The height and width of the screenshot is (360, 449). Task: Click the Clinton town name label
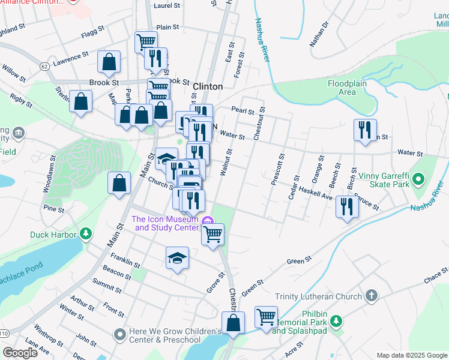coord(208,86)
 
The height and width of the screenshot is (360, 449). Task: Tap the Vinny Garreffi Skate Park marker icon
coord(419,178)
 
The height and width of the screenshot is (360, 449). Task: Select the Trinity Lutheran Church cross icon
coord(372,296)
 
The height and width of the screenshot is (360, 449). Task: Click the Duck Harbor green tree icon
coord(86,233)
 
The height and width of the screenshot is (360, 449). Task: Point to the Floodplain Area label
coord(346,88)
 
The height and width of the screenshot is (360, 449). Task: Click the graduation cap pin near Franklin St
coord(176,258)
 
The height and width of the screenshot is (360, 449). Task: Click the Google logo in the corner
coord(20,353)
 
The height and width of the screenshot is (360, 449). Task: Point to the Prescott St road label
coord(277,169)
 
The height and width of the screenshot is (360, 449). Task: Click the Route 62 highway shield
coord(44,68)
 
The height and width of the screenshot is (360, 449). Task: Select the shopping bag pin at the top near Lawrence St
coord(109,61)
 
